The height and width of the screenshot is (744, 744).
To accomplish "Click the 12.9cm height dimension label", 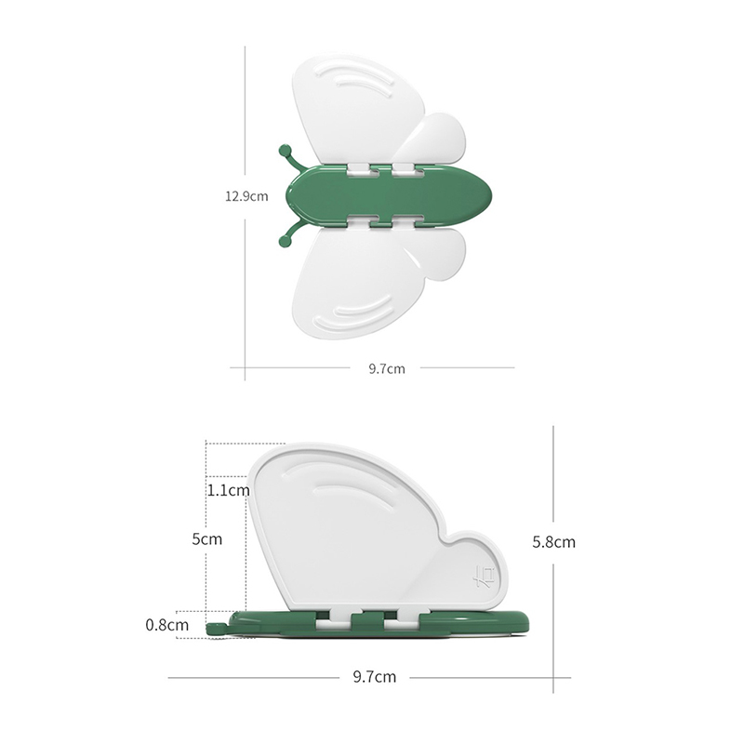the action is coord(246,196).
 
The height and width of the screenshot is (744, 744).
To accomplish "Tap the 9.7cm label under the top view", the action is coord(387,368).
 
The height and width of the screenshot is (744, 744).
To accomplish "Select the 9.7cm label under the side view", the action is coord(375,677).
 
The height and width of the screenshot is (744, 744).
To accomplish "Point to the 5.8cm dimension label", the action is coord(553,542).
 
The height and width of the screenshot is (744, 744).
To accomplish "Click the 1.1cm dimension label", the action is coord(228,490).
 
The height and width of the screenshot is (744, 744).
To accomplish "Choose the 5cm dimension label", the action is coord(206,539).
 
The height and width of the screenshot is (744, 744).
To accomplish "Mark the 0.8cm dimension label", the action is coord(167,625).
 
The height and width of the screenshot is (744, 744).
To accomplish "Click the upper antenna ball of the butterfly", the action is coord(286,152).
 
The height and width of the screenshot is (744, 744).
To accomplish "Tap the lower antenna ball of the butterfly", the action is coord(286,241).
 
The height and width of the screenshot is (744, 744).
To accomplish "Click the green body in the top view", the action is coord(389,195).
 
